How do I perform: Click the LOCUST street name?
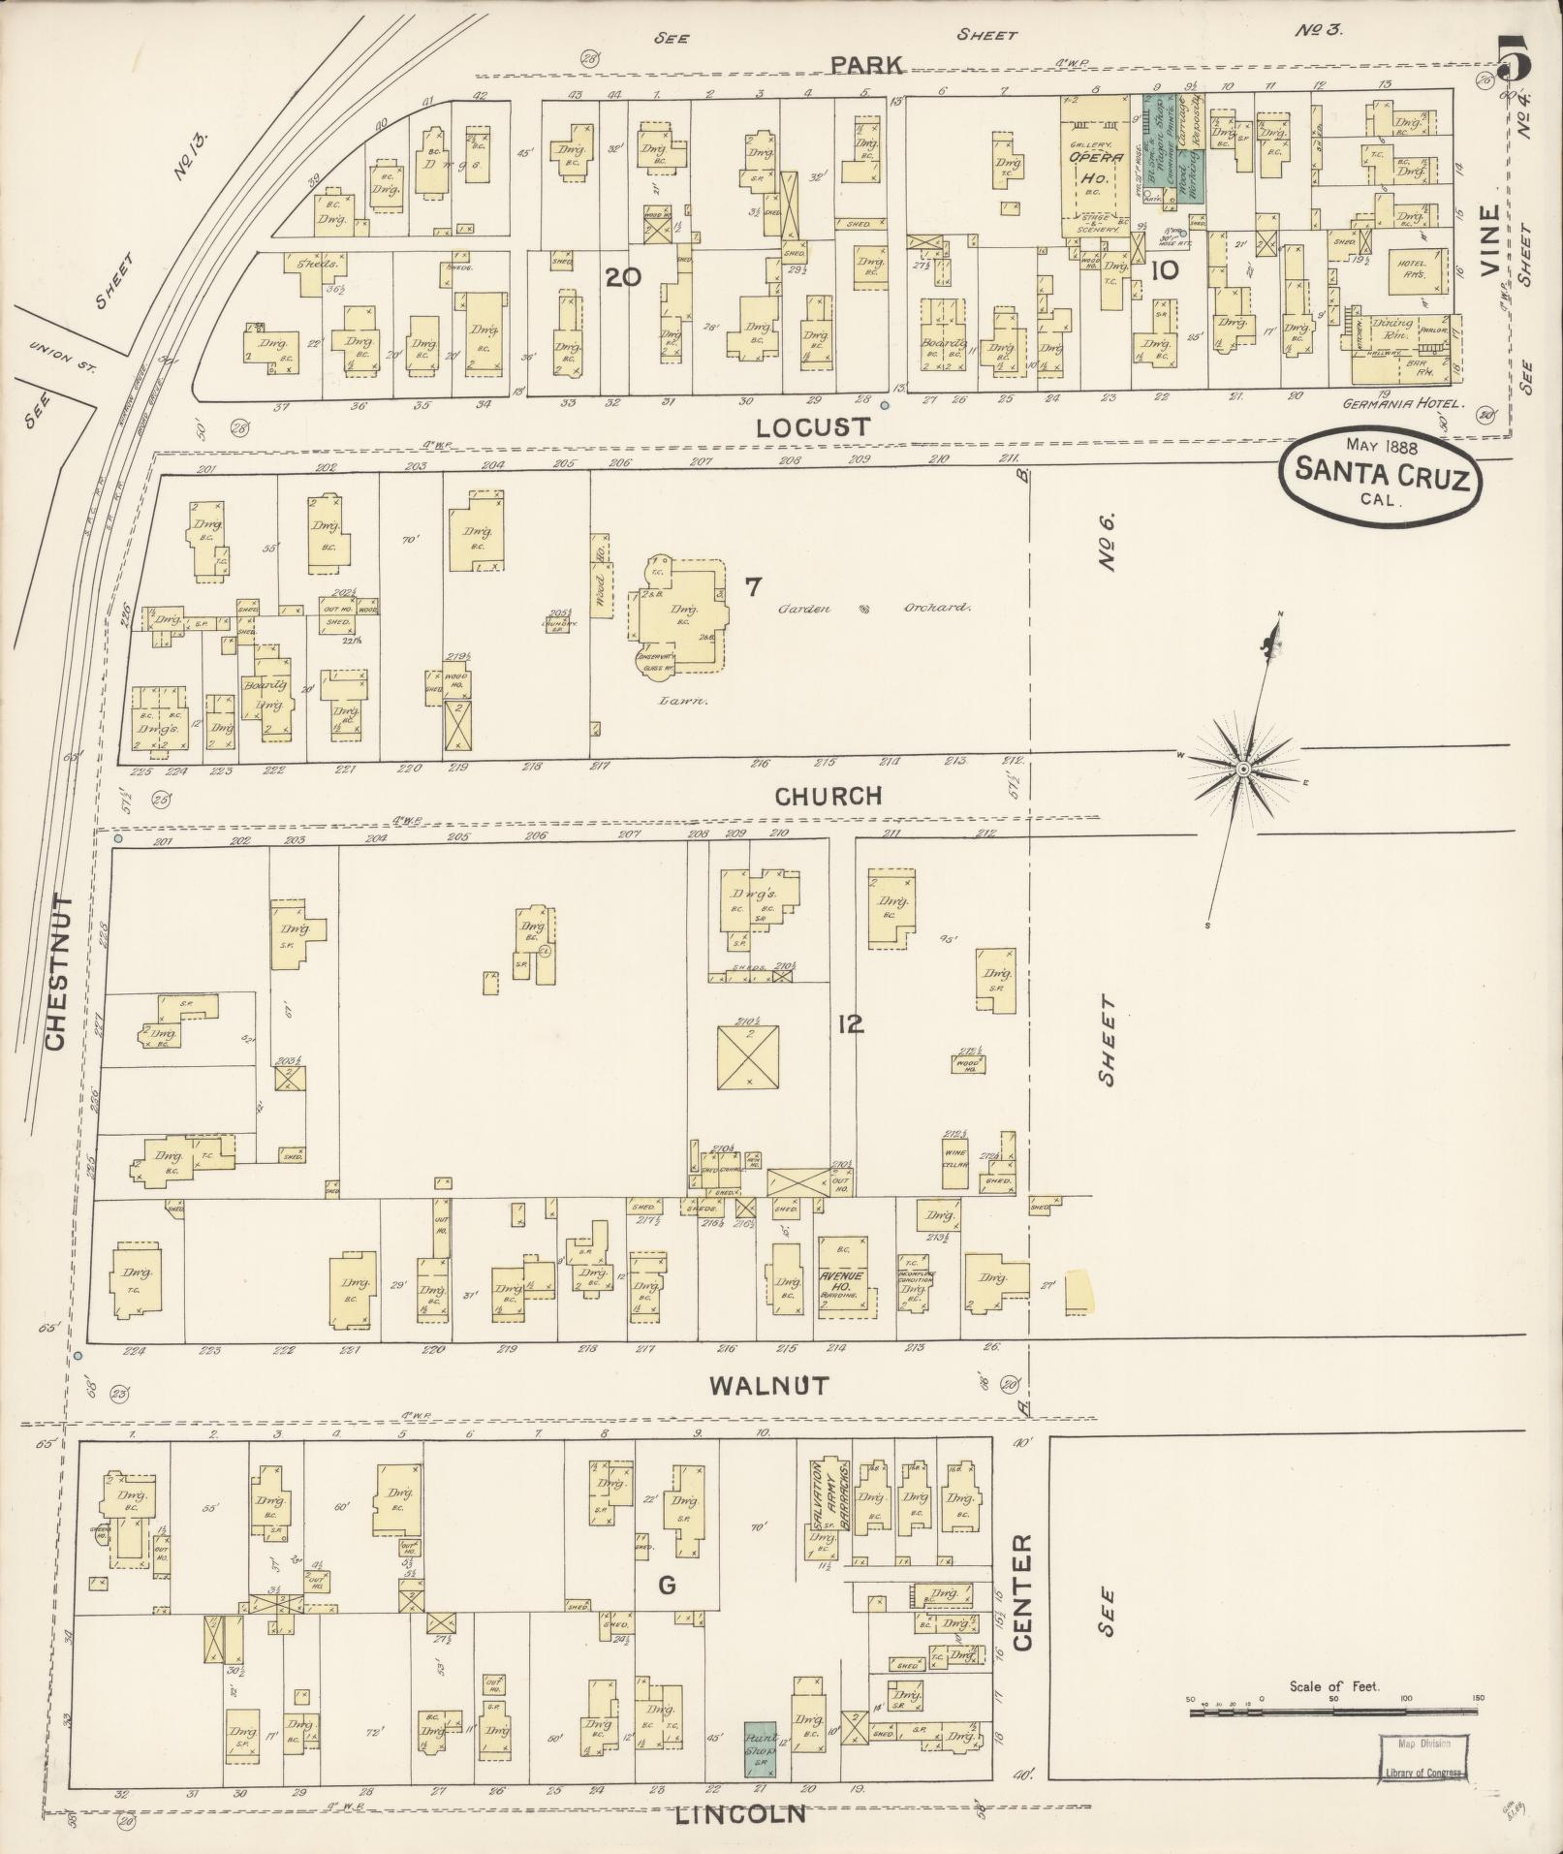pyautogui.click(x=812, y=426)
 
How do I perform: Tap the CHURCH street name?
pyautogui.click(x=828, y=796)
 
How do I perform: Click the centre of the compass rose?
pyautogui.click(x=1242, y=769)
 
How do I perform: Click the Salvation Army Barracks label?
pyautogui.click(x=831, y=1498)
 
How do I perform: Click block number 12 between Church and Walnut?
pyautogui.click(x=851, y=1023)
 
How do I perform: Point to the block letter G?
pyautogui.click(x=666, y=1586)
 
